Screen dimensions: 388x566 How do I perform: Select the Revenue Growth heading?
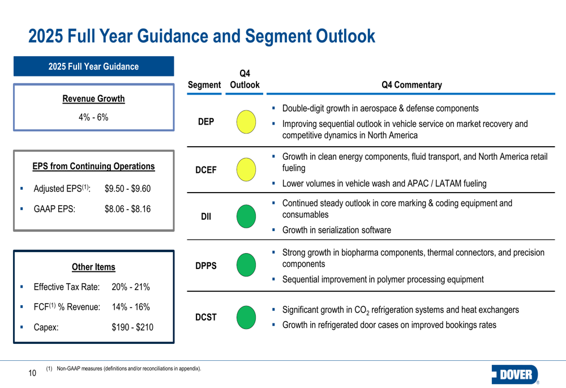(93, 99)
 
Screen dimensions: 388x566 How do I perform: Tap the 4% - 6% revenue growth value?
(93, 117)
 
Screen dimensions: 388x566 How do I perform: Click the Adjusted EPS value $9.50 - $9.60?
(128, 188)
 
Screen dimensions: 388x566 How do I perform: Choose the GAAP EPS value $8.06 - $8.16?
(128, 208)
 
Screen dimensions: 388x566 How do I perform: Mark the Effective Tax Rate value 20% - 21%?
(131, 287)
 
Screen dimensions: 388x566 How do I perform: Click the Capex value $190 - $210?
(132, 327)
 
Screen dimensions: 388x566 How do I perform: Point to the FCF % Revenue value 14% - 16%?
(131, 307)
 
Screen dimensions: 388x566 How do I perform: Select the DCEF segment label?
(207, 169)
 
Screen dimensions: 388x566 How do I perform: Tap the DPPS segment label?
(207, 265)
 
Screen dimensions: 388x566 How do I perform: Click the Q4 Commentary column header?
(411, 85)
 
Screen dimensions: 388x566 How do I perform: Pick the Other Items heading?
(93, 267)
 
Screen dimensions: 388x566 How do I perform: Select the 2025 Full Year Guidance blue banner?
(93, 66)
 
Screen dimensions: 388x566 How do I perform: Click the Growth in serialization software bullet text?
(336, 230)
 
